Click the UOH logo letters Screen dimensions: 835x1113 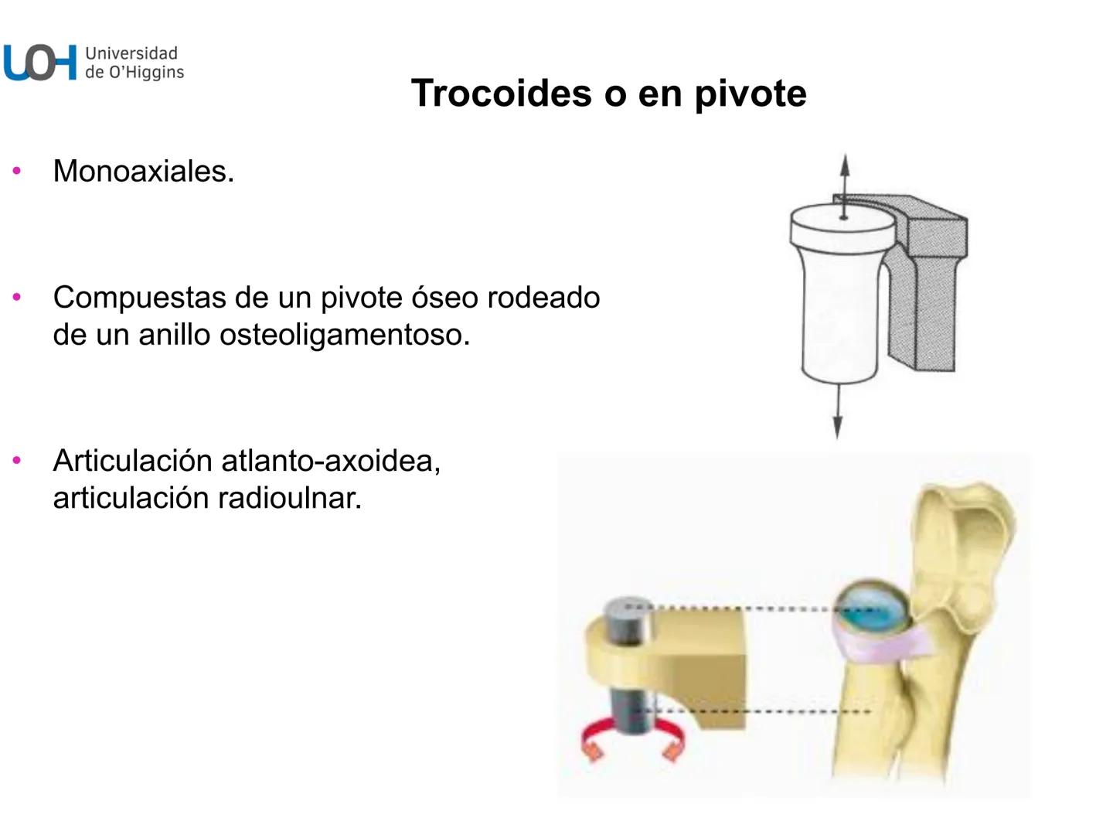tap(40, 63)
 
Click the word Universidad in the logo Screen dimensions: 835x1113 tap(131, 53)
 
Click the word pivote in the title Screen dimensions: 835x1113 tap(750, 94)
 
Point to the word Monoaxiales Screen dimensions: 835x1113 tap(143, 172)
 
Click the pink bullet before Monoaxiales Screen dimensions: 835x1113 tap(17, 171)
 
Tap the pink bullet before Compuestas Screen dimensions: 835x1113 tap(17, 297)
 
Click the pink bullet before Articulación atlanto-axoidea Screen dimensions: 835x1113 tap(17, 461)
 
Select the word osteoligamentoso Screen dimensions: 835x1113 tap(345, 336)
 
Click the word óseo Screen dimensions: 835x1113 tap(441, 298)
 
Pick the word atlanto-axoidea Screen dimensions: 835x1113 tap(331, 462)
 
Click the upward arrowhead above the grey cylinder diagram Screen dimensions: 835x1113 tap(845, 165)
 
